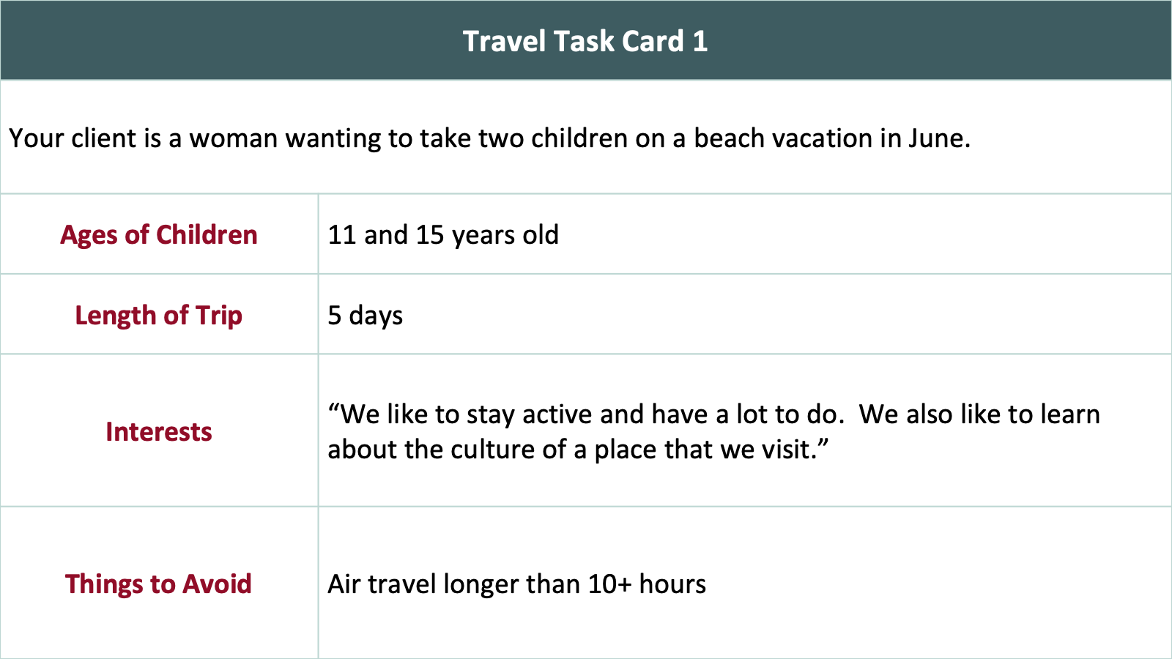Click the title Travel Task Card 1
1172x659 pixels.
pyautogui.click(x=585, y=41)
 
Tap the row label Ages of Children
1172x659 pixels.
pyautogui.click(x=158, y=235)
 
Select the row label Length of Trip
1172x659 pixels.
pyautogui.click(x=158, y=316)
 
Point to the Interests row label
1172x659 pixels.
pyautogui.click(x=158, y=431)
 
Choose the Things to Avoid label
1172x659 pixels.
pyautogui.click(x=158, y=584)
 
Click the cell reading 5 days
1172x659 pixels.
pyautogui.click(x=366, y=316)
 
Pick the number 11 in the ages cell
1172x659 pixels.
pyautogui.click(x=342, y=234)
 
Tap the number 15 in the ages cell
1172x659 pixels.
pyautogui.click(x=430, y=234)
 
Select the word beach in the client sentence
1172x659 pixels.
pyautogui.click(x=729, y=138)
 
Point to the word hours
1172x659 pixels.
pyautogui.click(x=672, y=584)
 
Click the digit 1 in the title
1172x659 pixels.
pyautogui.click(x=700, y=41)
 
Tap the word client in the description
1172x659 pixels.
pyautogui.click(x=103, y=138)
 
